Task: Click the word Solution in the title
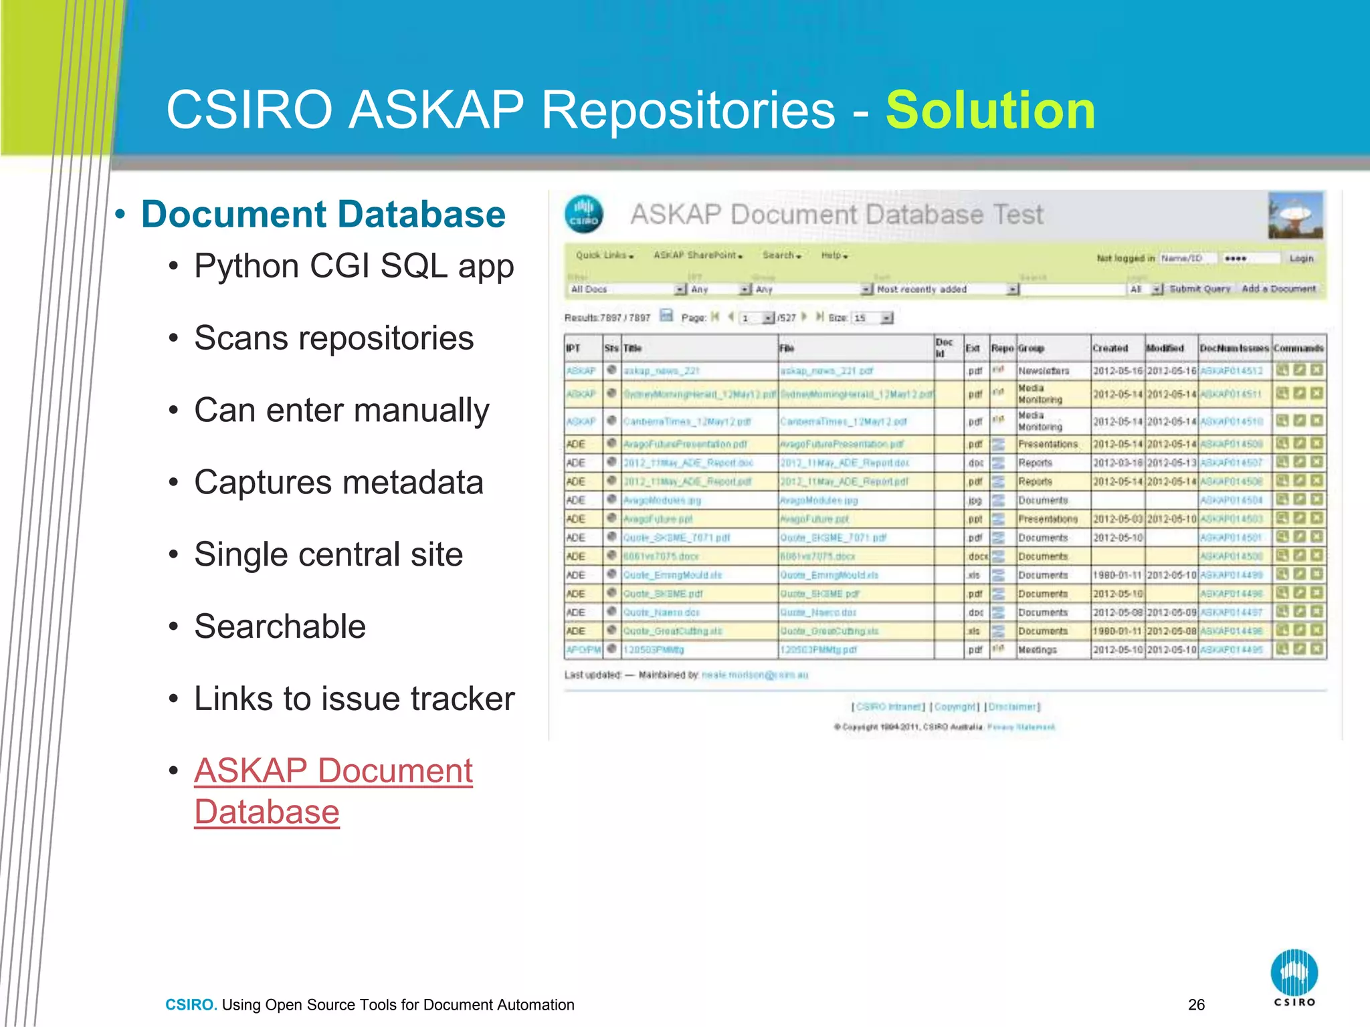pyautogui.click(x=990, y=110)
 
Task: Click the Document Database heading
pyautogui.click(x=323, y=215)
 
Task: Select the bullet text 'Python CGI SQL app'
pyautogui.click(x=354, y=266)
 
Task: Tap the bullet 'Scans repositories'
pyautogui.click(x=334, y=338)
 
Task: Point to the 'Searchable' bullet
pyautogui.click(x=280, y=626)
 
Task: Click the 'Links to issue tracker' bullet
pyautogui.click(x=354, y=699)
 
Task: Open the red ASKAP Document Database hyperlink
pyautogui.click(x=333, y=791)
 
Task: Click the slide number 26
pyautogui.click(x=1196, y=1004)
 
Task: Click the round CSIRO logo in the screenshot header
pyautogui.click(x=583, y=215)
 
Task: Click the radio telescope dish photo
pyautogui.click(x=1296, y=215)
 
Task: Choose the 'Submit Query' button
pyautogui.click(x=1199, y=289)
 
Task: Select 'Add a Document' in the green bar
pyautogui.click(x=1278, y=289)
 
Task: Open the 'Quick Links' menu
pyautogui.click(x=604, y=255)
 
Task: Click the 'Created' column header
pyautogui.click(x=1110, y=348)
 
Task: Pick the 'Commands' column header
pyautogui.click(x=1298, y=348)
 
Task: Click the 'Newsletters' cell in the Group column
pyautogui.click(x=1044, y=371)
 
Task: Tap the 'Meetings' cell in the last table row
pyautogui.click(x=1037, y=650)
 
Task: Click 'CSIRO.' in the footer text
pyautogui.click(x=191, y=1004)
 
